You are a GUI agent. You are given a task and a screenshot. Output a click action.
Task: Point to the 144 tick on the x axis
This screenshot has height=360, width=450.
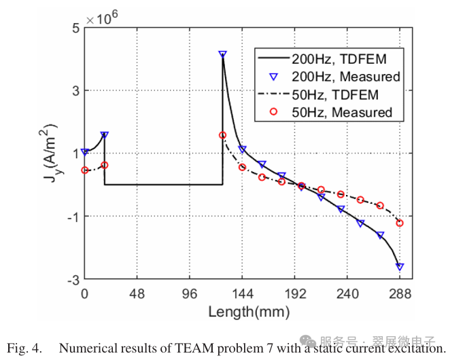coord(243,294)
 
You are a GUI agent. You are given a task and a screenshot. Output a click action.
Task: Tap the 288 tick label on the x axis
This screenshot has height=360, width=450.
coord(400,294)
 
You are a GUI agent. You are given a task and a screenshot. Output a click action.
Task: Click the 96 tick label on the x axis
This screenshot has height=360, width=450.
coord(190,294)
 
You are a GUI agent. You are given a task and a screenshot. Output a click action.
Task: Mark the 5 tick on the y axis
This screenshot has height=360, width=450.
coord(77,27)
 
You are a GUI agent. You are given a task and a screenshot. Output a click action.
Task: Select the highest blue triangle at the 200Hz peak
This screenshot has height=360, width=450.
coord(222,54)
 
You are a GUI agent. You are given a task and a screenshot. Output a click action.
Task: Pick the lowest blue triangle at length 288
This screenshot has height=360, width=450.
coord(400,267)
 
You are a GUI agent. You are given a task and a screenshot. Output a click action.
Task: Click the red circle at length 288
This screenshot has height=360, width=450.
coord(400,223)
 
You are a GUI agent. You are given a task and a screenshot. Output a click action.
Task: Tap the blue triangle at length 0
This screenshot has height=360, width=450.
coord(84,152)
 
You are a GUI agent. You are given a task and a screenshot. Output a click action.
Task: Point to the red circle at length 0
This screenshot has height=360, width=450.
coord(84,170)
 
